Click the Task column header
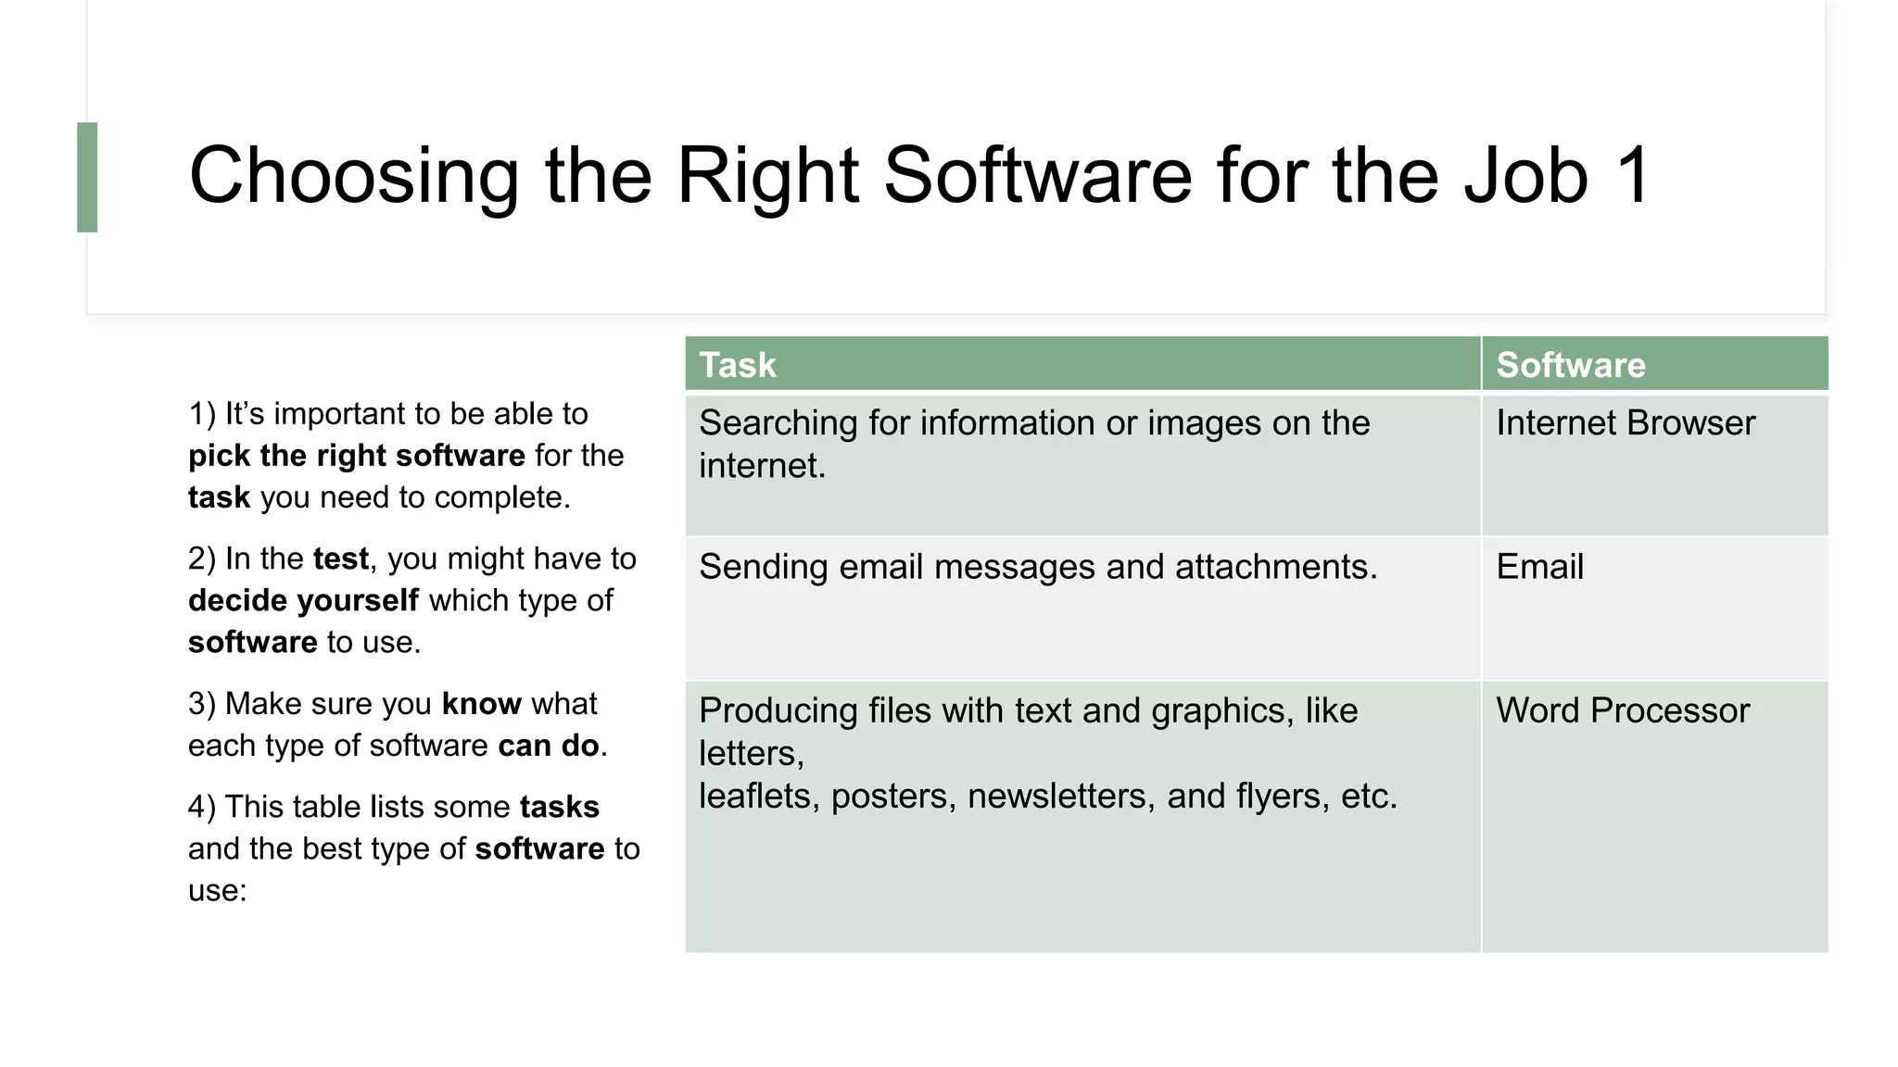click(738, 365)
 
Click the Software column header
click(1570, 365)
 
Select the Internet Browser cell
click(1625, 423)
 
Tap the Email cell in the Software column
click(1539, 567)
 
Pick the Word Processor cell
click(1622, 710)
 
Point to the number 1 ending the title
click(1633, 175)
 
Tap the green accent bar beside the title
click(87, 177)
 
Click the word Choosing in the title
click(353, 175)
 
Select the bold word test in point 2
click(341, 559)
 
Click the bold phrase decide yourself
click(303, 600)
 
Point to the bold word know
click(482, 704)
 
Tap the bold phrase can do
click(549, 746)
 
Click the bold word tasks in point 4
click(560, 807)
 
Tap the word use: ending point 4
click(218, 890)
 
